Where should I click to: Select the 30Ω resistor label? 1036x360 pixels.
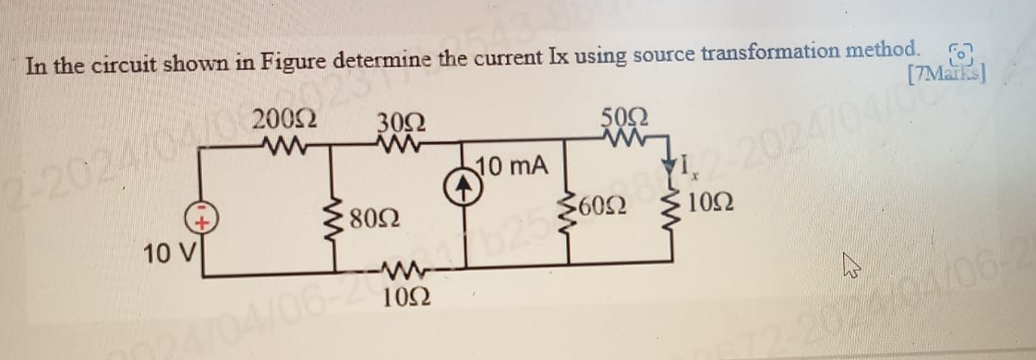coord(398,124)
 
